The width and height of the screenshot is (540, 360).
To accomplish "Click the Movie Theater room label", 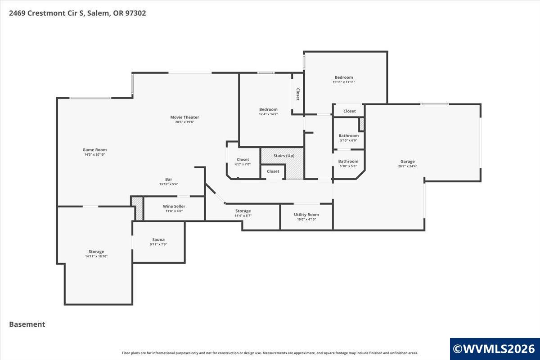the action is pyautogui.click(x=184, y=117).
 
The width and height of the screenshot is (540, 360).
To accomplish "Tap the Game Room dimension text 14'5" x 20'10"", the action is pyautogui.click(x=94, y=154).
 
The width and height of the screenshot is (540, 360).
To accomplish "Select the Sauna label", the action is pyautogui.click(x=158, y=239).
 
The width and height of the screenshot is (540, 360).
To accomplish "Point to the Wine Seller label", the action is pyautogui.click(x=174, y=206).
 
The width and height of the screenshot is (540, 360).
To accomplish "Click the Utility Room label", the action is pyautogui.click(x=306, y=215).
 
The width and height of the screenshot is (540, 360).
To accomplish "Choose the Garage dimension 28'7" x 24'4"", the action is pyautogui.click(x=407, y=166).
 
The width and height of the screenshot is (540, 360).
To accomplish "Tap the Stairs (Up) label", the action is pyautogui.click(x=284, y=156).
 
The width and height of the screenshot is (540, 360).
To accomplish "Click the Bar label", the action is pyautogui.click(x=168, y=179).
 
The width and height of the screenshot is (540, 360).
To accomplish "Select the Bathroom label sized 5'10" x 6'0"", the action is pyautogui.click(x=349, y=136).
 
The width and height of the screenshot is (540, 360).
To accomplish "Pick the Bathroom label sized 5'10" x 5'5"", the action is pyautogui.click(x=348, y=161).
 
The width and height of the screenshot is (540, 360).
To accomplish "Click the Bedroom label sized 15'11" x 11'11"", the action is pyautogui.click(x=344, y=77).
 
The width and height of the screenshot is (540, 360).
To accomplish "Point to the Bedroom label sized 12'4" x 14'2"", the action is pyautogui.click(x=268, y=109).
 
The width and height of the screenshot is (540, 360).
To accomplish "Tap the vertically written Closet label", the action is pyautogui.click(x=298, y=94).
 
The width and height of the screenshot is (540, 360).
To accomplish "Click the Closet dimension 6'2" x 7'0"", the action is pyautogui.click(x=243, y=164).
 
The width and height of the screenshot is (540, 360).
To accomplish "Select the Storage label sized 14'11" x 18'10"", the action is pyautogui.click(x=96, y=252).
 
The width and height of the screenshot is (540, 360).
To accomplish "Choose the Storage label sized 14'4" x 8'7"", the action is pyautogui.click(x=243, y=211).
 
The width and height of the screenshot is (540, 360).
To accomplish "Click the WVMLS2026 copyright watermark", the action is pyautogui.click(x=494, y=349).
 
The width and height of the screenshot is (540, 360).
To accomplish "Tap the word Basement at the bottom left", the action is pyautogui.click(x=27, y=324).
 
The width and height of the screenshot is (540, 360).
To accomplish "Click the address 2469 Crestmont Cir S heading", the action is pyautogui.click(x=47, y=13).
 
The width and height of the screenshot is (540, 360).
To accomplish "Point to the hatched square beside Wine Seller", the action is pyautogui.click(x=137, y=209).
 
